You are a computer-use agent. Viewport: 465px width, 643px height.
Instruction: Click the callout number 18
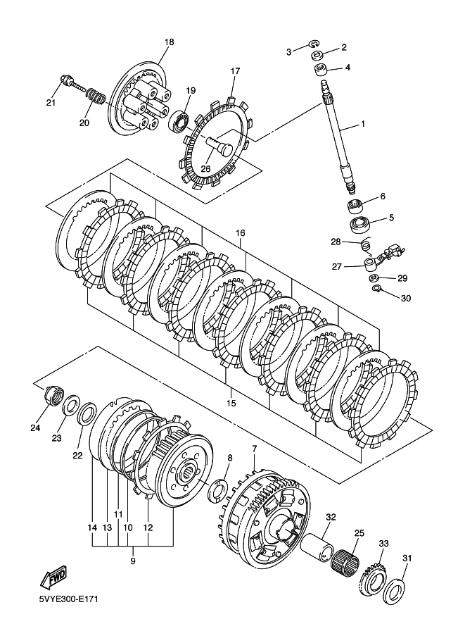(x=168, y=42)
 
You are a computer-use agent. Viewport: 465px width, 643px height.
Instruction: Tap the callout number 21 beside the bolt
(x=50, y=104)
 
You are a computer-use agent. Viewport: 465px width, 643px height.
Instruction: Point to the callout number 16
(x=240, y=232)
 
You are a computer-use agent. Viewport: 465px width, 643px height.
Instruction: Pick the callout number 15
(x=231, y=404)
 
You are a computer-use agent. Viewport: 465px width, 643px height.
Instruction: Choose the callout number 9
(x=133, y=561)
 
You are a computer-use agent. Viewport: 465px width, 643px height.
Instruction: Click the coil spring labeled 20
(x=97, y=95)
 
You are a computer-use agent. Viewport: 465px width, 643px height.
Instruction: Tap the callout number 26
(x=205, y=168)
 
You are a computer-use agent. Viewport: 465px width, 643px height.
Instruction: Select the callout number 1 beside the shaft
(x=363, y=125)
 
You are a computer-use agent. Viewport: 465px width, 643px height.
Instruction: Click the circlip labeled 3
(x=315, y=48)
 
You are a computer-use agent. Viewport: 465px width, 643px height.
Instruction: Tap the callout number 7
(x=254, y=448)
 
